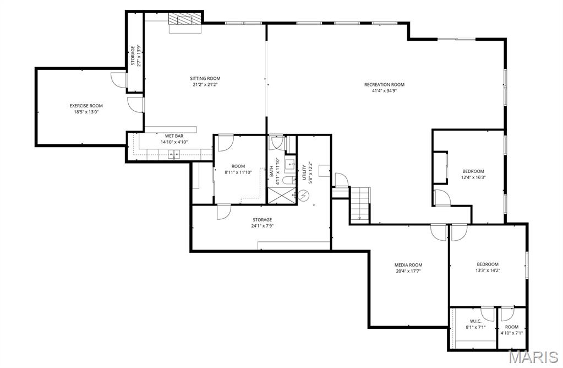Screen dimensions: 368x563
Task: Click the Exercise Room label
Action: pos(86,106)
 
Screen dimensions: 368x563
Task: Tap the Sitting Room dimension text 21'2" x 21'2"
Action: pos(206,85)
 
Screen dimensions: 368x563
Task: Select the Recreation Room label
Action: pos(384,84)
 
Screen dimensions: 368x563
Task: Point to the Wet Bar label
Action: pos(174,136)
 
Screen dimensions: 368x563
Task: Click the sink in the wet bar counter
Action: pos(174,154)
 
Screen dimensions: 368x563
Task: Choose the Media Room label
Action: pos(408,264)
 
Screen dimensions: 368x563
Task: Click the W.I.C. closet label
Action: pos(475,321)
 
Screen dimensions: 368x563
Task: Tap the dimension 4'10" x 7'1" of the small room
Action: pos(512,333)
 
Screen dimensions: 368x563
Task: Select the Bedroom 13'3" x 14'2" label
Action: pos(488,264)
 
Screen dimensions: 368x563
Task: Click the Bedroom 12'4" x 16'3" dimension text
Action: pos(473,177)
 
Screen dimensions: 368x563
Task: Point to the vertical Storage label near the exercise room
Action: pos(133,55)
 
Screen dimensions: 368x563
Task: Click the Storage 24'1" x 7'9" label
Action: pos(262,220)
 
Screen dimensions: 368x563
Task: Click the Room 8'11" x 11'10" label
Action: pos(238,166)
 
